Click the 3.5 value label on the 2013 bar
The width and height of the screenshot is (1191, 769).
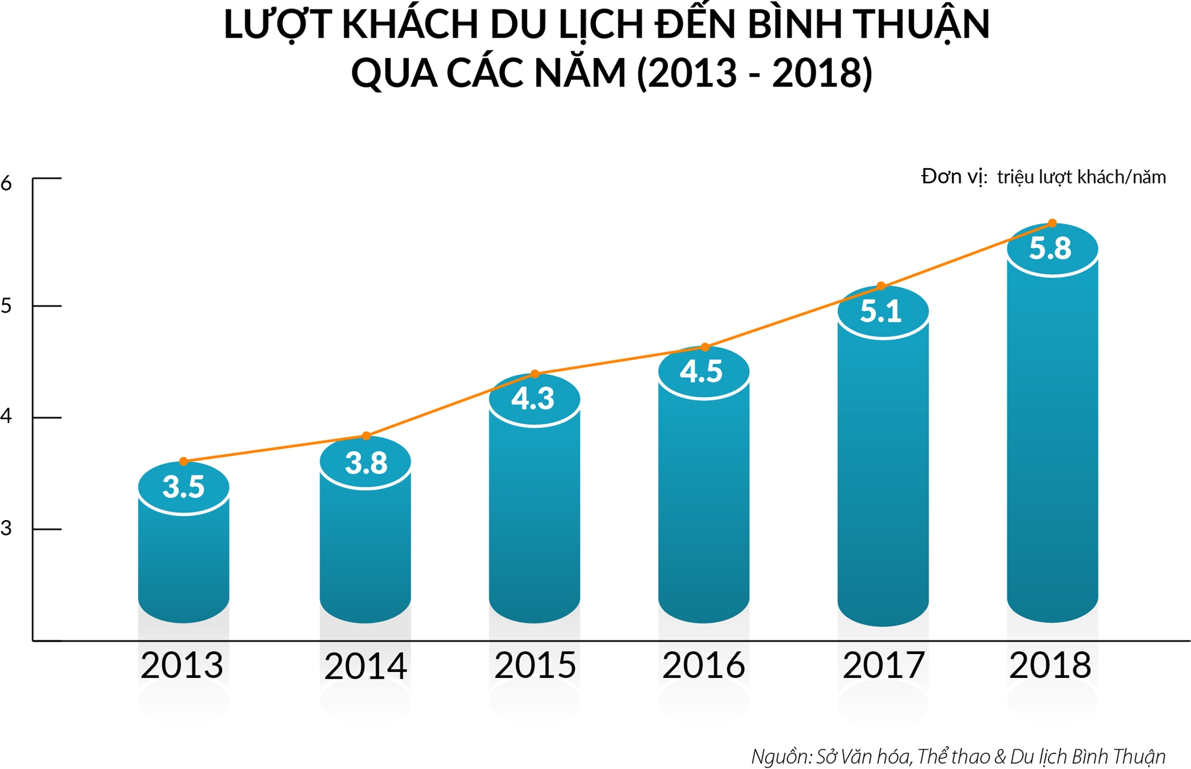[183, 487]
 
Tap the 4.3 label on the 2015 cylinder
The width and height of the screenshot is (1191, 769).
[533, 398]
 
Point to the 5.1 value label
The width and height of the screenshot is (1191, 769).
[881, 312]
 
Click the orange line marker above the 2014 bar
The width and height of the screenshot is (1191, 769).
[366, 436]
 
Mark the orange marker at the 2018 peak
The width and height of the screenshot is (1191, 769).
[1052, 223]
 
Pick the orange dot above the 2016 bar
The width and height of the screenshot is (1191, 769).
[705, 347]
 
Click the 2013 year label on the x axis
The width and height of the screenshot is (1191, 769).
[182, 665]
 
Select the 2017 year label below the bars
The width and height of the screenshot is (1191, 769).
[884, 665]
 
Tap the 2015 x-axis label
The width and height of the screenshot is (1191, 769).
[535, 665]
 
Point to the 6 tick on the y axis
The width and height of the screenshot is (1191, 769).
[7, 183]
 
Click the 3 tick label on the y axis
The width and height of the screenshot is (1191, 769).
[7, 528]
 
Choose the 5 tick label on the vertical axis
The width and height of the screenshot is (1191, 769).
[7, 306]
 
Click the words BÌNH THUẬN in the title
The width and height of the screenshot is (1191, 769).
[868, 25]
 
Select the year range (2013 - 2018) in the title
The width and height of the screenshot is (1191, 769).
[754, 73]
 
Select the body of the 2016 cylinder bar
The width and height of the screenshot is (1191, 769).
[704, 506]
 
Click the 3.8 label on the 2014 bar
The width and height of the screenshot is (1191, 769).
[366, 463]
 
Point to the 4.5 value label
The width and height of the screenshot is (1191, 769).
[701, 372]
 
